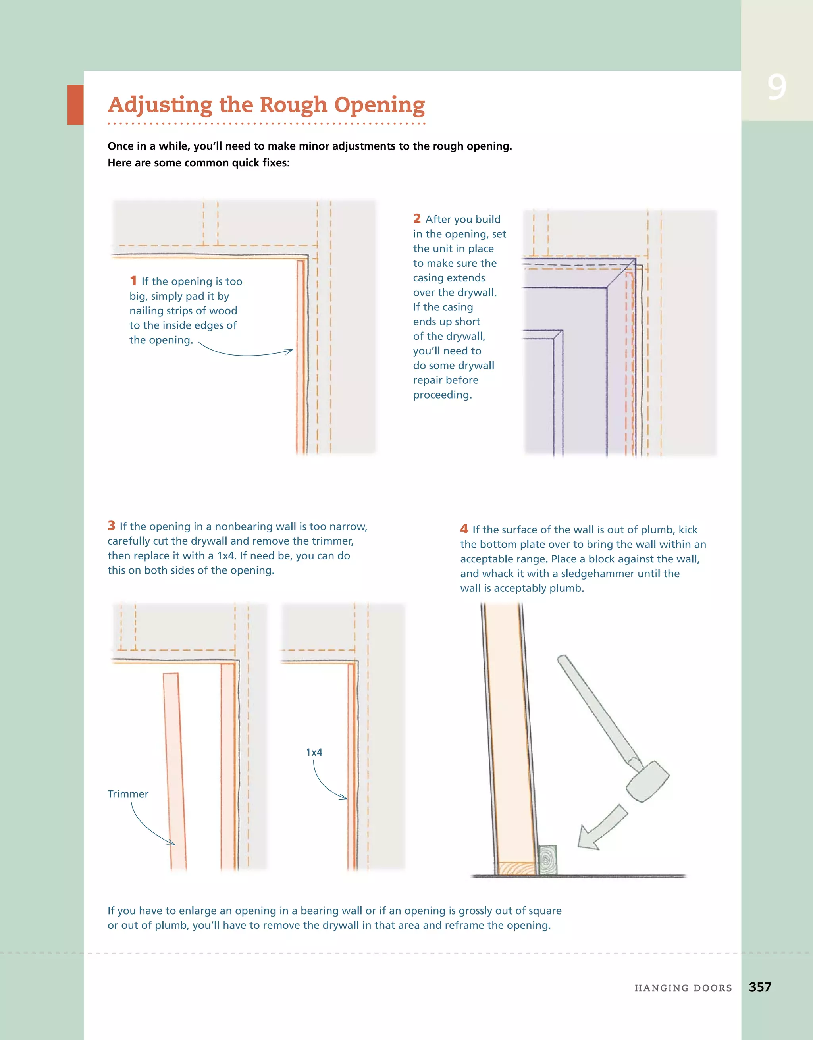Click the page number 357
click(760, 987)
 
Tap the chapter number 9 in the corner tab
click(776, 88)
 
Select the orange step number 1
click(133, 281)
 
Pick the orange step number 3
click(112, 525)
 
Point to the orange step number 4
click(464, 529)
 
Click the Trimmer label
click(128, 794)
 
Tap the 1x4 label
click(314, 752)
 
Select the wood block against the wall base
click(548, 860)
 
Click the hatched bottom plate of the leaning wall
click(517, 868)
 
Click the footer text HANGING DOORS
click(683, 988)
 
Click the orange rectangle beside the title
click(75, 105)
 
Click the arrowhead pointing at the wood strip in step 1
click(289, 351)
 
